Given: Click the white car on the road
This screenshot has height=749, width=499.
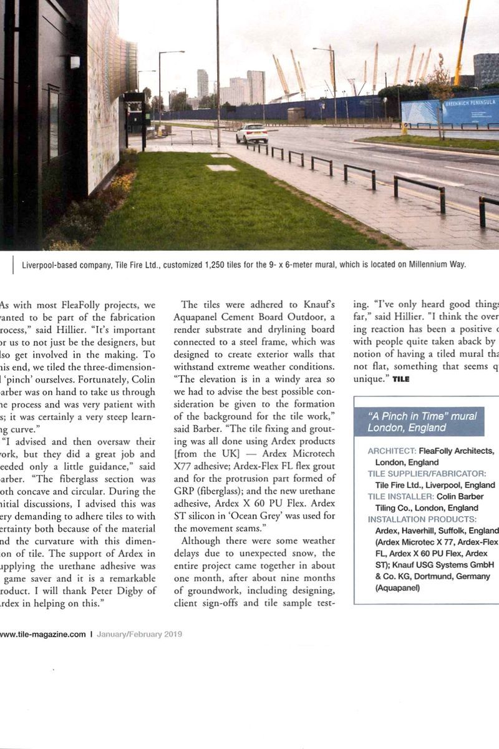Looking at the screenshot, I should (252, 133).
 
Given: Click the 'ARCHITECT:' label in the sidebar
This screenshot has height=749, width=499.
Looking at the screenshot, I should (392, 451).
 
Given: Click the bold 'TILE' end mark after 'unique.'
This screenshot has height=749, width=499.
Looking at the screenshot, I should (401, 379).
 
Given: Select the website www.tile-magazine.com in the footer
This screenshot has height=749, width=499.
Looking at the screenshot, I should (42, 634).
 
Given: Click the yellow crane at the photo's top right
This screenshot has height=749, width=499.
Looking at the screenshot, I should (463, 37).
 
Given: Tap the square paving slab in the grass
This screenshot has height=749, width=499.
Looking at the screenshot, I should (221, 168).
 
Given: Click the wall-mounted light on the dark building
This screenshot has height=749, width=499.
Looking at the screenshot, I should (75, 62).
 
